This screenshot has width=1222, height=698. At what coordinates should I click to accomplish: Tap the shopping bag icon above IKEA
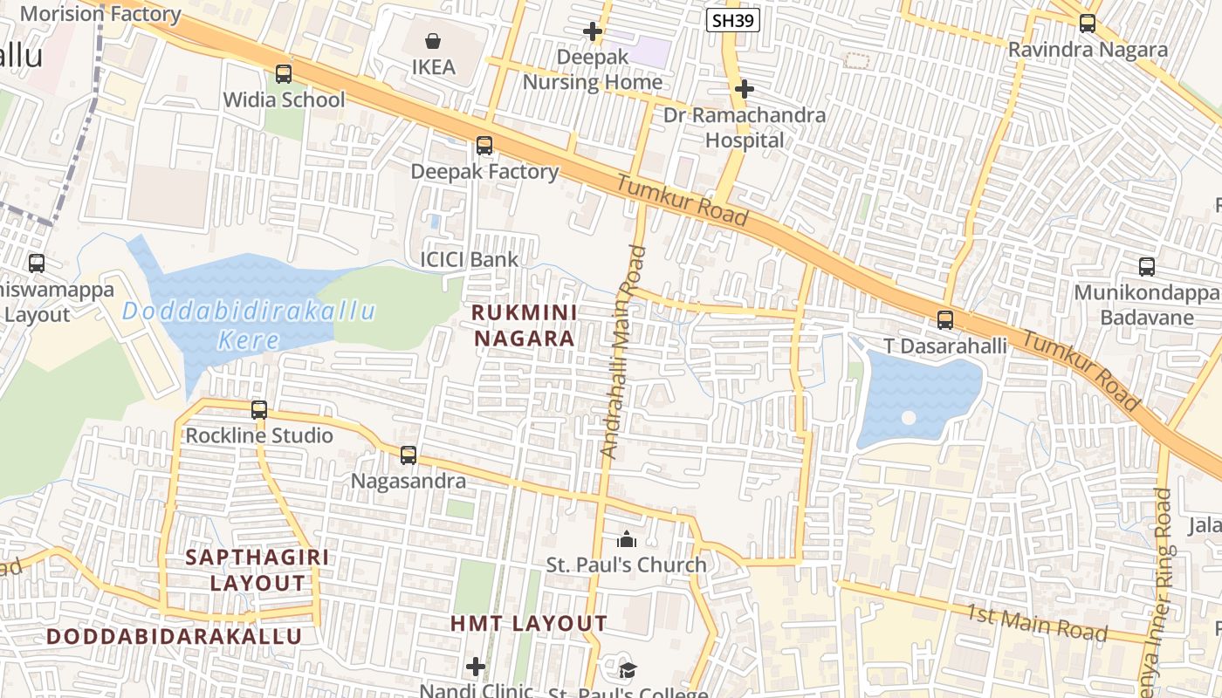coord(433,40)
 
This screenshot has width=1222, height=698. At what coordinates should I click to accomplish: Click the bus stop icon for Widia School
coord(284,73)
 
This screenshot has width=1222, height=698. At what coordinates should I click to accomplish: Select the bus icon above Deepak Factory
coord(484,146)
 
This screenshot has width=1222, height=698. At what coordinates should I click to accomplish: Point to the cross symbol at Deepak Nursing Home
coord(593,32)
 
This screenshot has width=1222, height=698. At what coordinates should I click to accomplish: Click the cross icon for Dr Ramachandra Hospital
coord(745,89)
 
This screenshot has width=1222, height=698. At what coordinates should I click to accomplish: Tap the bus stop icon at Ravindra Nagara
coord(1088,24)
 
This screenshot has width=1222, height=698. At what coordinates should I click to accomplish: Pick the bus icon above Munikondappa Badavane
coord(1147,267)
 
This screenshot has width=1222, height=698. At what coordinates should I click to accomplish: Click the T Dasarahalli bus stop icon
coord(945,320)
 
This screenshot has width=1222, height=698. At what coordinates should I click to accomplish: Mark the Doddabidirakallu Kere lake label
coord(249,325)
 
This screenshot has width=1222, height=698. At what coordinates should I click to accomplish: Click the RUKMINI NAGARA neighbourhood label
coord(524,325)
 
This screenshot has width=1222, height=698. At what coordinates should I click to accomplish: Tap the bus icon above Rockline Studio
coord(259,409)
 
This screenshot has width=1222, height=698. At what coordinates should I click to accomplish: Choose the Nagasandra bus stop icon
coord(408,455)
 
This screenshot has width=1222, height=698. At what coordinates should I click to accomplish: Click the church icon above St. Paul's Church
coord(627,540)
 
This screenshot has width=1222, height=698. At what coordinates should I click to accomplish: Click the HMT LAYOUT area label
coord(529,624)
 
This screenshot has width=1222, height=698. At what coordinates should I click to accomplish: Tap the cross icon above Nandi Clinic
coord(476,667)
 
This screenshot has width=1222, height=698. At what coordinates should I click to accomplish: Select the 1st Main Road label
coord(1036,620)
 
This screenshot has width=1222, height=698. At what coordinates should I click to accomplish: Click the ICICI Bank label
coord(469,259)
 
